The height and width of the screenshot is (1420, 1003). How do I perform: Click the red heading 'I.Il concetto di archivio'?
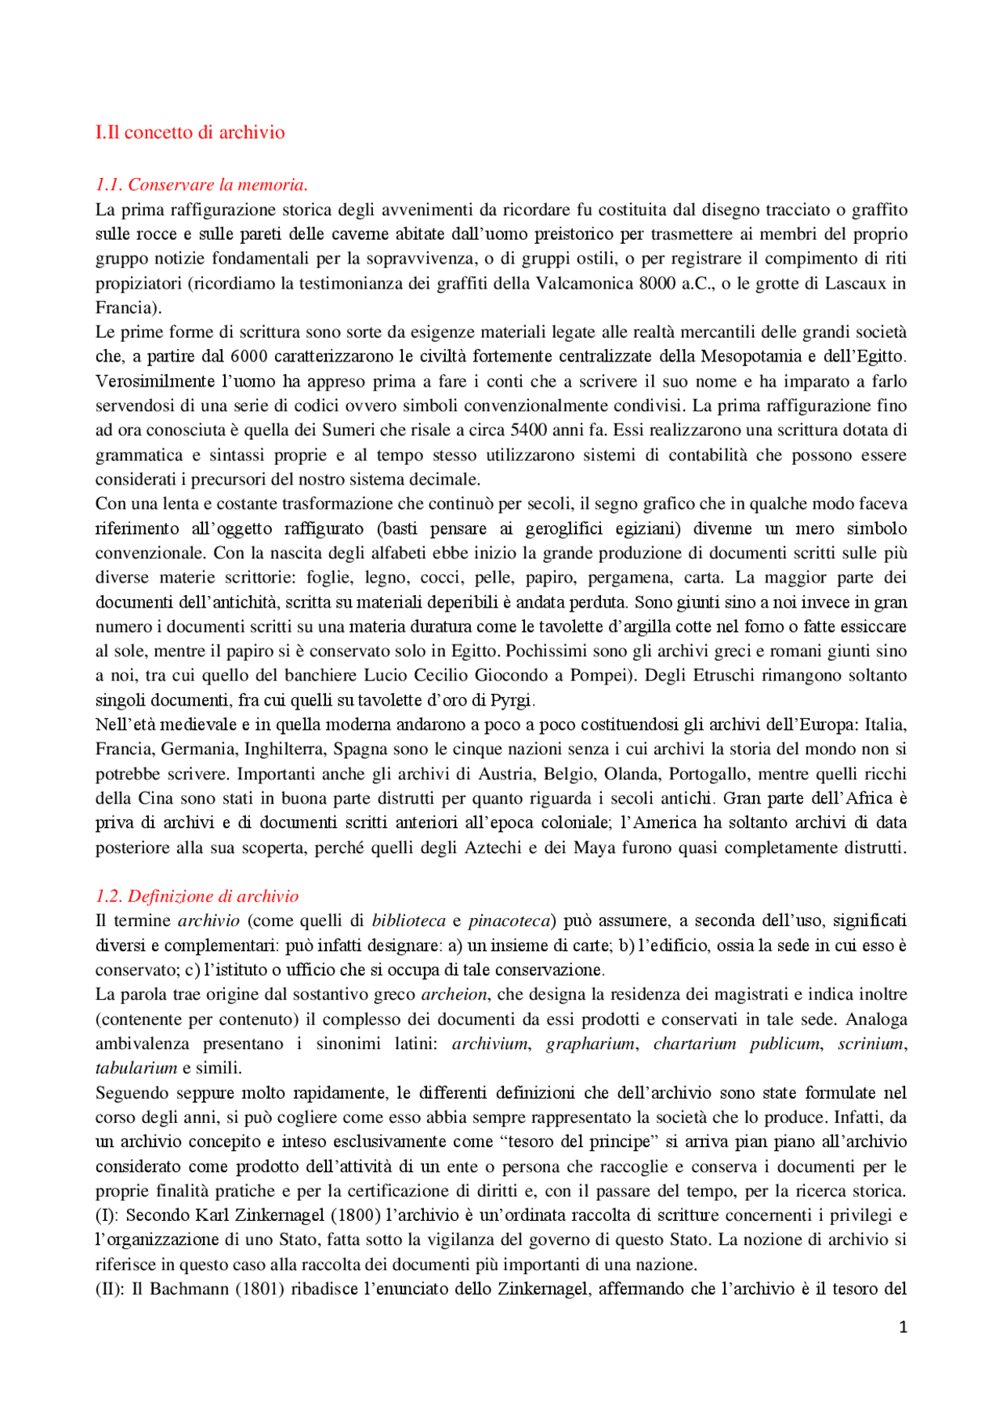[190, 132]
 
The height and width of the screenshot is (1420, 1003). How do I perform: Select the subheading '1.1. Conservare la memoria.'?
[201, 185]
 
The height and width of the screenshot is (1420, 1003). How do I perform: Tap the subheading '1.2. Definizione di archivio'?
[197, 896]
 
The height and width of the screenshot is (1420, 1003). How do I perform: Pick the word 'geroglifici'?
[564, 528]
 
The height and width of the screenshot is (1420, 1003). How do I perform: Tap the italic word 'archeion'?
[454, 994]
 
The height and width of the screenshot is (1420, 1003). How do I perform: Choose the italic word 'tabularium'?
[136, 1068]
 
